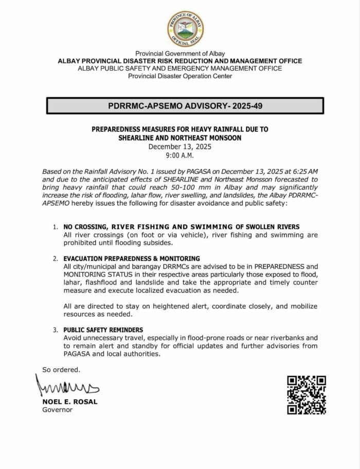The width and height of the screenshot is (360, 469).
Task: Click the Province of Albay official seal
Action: [185, 29]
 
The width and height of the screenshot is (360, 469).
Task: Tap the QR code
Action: [307, 395]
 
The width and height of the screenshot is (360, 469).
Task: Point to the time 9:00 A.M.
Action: [179, 155]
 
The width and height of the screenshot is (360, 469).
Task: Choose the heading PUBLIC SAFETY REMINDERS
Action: [103, 330]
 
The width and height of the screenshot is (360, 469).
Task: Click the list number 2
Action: [56, 258]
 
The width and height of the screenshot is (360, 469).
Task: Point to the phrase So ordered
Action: [61, 369]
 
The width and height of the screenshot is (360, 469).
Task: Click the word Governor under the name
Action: [58, 410]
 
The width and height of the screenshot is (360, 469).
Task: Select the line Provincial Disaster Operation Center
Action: [179, 76]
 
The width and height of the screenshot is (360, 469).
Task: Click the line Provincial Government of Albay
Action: [179, 53]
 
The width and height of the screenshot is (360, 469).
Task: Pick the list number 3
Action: [56, 330]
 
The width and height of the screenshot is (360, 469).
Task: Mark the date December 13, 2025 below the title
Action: [179, 147]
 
